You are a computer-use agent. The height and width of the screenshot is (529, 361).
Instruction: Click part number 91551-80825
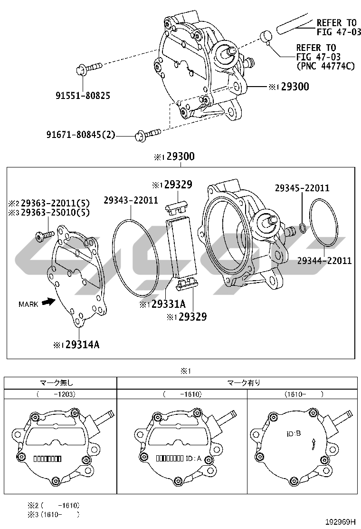(83, 96)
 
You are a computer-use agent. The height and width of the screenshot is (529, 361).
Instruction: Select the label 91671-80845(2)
(81, 135)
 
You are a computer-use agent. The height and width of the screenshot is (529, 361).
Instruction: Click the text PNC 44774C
(326, 66)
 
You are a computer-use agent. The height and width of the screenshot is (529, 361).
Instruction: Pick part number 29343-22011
(131, 200)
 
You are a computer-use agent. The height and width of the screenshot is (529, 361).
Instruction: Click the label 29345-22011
(302, 188)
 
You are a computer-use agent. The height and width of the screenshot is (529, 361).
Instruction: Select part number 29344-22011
(324, 260)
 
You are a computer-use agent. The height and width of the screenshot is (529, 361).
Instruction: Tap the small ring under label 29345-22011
(303, 228)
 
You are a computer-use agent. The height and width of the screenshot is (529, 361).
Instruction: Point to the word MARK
(28, 304)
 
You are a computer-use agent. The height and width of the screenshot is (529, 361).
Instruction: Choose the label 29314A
(82, 344)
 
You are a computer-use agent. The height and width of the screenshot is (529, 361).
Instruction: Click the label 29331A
(168, 304)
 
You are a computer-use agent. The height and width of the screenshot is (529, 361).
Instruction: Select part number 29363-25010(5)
(55, 213)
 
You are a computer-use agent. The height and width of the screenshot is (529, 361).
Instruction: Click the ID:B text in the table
(294, 433)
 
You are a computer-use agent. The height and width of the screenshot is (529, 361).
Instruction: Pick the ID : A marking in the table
(193, 459)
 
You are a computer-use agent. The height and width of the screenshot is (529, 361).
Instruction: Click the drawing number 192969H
(341, 522)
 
